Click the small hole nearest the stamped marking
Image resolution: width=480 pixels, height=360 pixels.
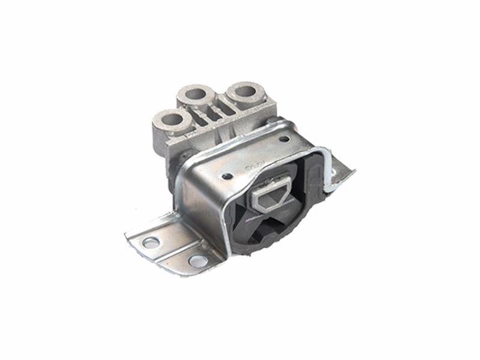point(227,176)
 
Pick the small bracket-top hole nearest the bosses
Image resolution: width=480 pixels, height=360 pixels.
point(283,139)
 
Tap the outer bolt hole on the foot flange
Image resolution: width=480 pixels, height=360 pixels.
point(151,242)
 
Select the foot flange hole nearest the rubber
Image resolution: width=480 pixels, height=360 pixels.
point(198,260)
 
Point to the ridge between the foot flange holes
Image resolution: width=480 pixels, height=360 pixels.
point(174,252)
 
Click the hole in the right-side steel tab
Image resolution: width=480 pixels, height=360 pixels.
point(332,174)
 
